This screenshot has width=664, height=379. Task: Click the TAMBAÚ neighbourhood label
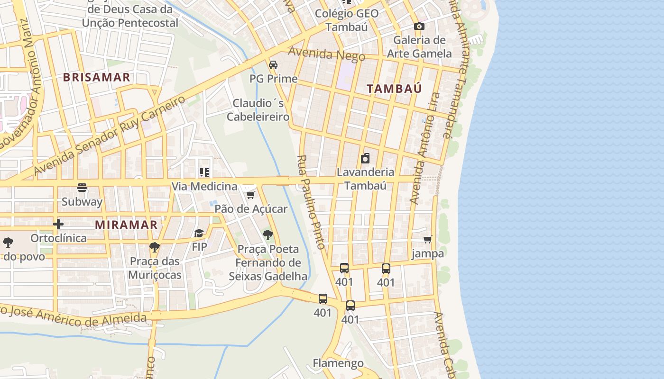pos(394,89)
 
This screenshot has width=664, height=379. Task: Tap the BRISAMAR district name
pos(96,77)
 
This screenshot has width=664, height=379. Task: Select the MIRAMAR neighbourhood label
pos(126,225)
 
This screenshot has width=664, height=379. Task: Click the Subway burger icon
pos(82,188)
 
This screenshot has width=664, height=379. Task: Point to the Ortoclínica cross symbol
pos(58,224)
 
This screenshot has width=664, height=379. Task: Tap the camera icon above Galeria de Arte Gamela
pos(419,26)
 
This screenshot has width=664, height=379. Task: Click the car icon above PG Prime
pos(273,64)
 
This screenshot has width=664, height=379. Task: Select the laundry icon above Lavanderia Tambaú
pos(365,158)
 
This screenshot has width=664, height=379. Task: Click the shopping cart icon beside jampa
pos(428,240)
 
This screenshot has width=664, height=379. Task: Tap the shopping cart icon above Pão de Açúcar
pos(251,195)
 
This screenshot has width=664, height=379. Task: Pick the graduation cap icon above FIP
pos(199,233)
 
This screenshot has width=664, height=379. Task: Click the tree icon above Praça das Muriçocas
pos(154,247)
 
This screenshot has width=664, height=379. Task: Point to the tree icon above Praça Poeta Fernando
pos(268,235)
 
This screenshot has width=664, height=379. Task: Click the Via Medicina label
pos(204,186)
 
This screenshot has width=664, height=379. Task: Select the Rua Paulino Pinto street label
pos(311,202)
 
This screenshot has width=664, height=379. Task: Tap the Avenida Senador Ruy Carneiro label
pos(109,135)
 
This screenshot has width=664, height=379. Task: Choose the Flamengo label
pos(338,363)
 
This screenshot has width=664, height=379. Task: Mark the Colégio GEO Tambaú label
pos(347,20)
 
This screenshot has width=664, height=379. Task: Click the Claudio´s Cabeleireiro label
pos(258,110)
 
